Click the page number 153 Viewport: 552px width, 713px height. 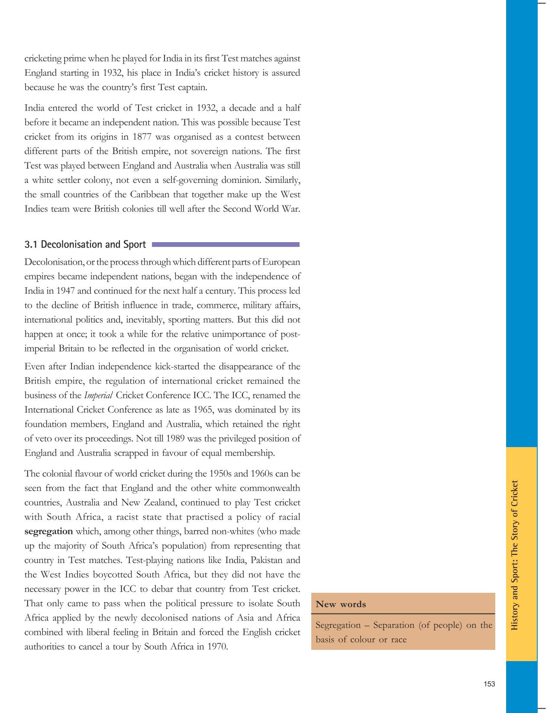pos(489,684)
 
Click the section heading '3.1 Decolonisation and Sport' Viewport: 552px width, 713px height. pos(85,245)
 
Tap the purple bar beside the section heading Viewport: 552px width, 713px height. pos(226,245)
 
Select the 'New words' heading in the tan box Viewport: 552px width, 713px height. pos(341,604)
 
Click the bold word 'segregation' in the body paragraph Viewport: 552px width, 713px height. pos(48,531)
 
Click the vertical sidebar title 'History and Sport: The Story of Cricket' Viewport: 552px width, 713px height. pos(515,555)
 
